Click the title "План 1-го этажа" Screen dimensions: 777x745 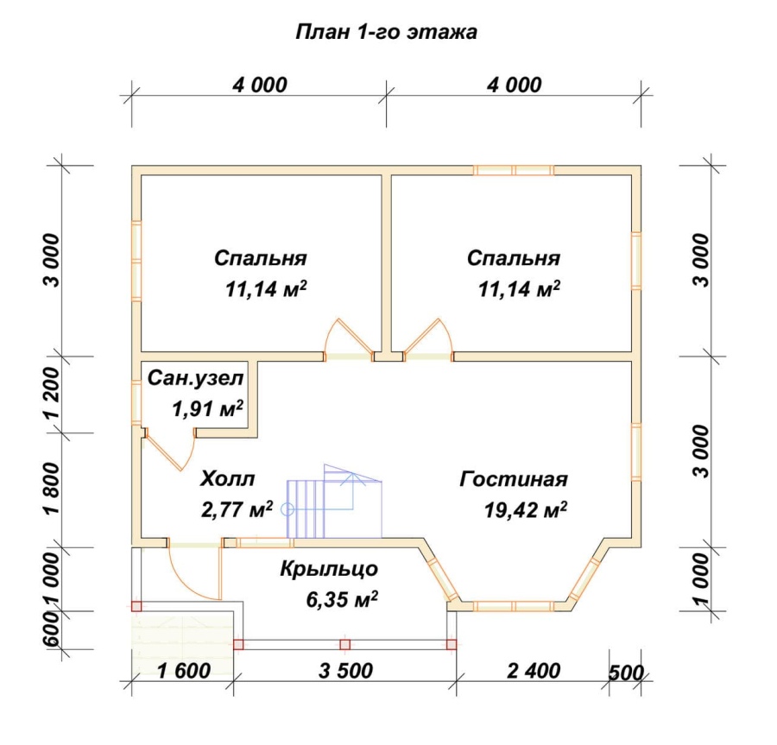pos(387,32)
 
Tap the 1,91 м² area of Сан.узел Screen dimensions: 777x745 pos(207,408)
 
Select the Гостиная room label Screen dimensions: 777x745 pos(514,479)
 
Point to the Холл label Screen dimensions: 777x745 pos(228,479)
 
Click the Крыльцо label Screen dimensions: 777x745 pos(329,570)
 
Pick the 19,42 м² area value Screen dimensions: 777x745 pos(526,509)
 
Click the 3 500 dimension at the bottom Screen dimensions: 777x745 pos(346,672)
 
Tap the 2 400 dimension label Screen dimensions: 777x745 pos(534,672)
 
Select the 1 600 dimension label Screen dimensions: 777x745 pos(184,672)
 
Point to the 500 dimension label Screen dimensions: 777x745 pos(626,673)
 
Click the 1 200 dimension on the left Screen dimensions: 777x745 pos(52,395)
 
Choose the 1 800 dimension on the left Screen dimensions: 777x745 pos(52,489)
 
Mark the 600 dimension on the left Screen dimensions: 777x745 pos(52,629)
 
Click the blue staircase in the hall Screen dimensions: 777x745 pos(334,502)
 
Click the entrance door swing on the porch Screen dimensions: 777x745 pos(194,570)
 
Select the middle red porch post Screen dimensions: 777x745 pos(344,645)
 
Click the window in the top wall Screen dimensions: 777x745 pos(514,170)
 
